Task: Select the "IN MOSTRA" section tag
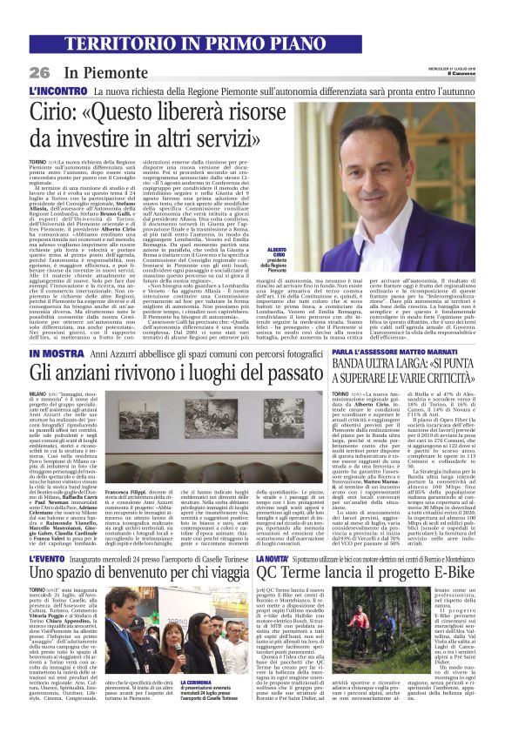coord(55,355)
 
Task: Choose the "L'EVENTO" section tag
coord(51,556)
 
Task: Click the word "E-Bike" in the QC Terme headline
coord(452,573)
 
